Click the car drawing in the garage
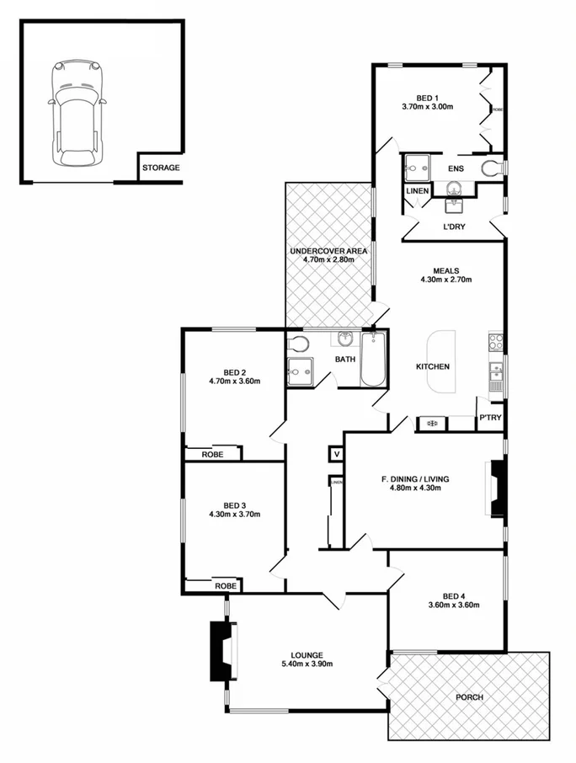pos(77,113)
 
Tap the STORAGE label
pos(160,168)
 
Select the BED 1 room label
pos(428,96)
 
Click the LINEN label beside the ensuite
pos(418,191)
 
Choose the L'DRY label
pos(454,227)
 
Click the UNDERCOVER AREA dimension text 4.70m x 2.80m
pos(328,260)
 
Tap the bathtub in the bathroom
pos(374,360)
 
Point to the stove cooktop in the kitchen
pos(496,343)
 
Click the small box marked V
pos(336,454)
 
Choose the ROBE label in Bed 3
pos(224,585)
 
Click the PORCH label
pos(470,697)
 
